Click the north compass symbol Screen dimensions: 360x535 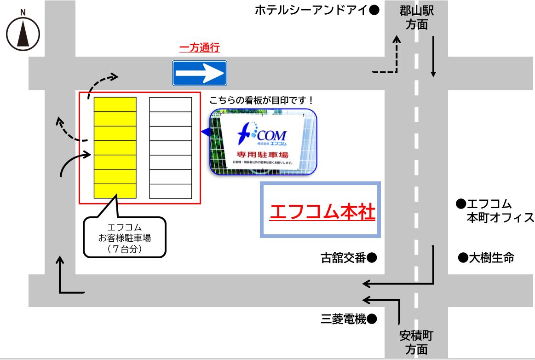coord(23,34)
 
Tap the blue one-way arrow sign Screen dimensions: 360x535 coord(200,73)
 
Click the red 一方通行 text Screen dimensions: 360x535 coord(199,48)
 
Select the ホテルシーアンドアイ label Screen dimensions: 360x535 coord(311,10)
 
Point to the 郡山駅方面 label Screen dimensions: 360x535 coord(416,17)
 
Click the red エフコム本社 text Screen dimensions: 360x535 coord(322,212)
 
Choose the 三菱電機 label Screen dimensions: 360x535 coord(343,319)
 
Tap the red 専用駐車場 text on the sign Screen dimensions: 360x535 coord(263,154)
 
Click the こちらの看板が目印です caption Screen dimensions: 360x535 coord(261,100)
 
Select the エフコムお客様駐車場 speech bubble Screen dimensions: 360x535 coord(125,237)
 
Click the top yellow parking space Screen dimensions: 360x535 coord(115,105)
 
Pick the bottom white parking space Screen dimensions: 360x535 coord(171,191)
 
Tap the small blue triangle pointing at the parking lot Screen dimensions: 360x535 coord(204,133)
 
